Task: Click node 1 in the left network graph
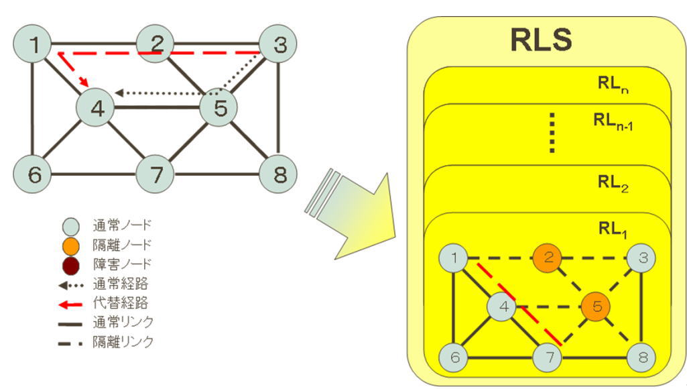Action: pos(33,45)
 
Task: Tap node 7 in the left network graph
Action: pos(157,175)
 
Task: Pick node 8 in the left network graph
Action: pos(278,175)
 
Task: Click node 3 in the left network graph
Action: pos(278,45)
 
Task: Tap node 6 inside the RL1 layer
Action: pos(455,355)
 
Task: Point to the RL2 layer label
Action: pos(613,183)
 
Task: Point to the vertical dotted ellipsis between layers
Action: pos(551,132)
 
